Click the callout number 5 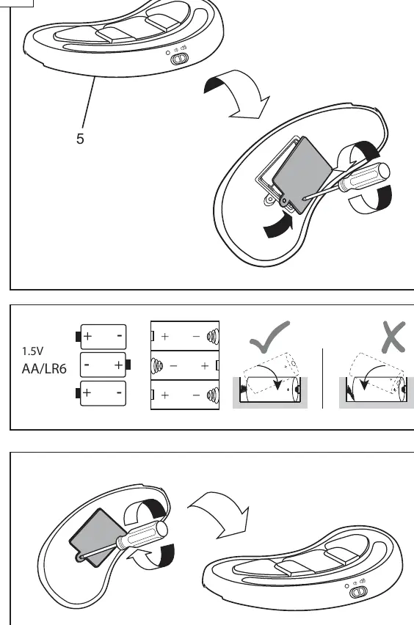(x=80, y=139)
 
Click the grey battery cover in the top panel (x=302, y=174)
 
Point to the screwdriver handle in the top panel (x=364, y=177)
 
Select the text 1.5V (x=33, y=351)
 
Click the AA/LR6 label (x=44, y=369)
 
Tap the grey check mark (x=269, y=337)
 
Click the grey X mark (x=393, y=337)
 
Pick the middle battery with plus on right (x=105, y=365)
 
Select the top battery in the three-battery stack (x=101, y=337)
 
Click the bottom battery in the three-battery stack (x=101, y=393)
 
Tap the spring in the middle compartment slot (x=157, y=365)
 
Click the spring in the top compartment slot (x=213, y=337)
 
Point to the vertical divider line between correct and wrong (x=322, y=379)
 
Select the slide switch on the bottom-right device (x=357, y=592)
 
